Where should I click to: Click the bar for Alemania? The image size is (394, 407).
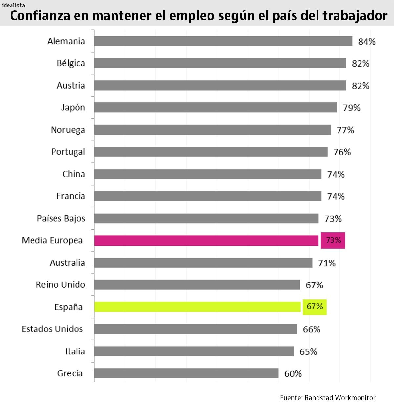point(223,41)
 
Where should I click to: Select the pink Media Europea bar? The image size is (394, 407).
point(206,240)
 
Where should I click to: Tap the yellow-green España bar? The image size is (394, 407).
point(197,307)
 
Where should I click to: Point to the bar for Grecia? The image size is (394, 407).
point(186,373)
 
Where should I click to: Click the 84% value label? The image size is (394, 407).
point(367,42)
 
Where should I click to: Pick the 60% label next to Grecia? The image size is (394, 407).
point(293,374)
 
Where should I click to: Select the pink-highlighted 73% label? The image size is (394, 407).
point(333,240)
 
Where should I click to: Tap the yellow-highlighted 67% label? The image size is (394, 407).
point(315,307)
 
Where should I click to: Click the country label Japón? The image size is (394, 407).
point(73,108)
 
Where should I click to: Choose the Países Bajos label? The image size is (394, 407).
point(61,219)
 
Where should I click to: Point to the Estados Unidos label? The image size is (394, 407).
point(52,329)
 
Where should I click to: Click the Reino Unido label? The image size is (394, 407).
point(60,285)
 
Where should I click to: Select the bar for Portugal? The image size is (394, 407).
point(210,152)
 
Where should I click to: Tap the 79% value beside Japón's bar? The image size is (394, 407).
point(351,108)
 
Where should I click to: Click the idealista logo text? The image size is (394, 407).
point(13,5)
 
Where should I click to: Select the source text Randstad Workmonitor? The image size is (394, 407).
point(340,398)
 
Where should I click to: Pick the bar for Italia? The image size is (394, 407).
point(194,351)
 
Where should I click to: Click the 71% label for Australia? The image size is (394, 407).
point(327,263)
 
